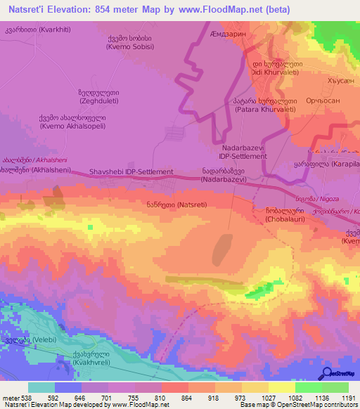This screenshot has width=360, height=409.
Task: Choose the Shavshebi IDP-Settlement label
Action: coord(131,171)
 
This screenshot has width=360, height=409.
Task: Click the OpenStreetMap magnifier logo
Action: coord(326,374)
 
